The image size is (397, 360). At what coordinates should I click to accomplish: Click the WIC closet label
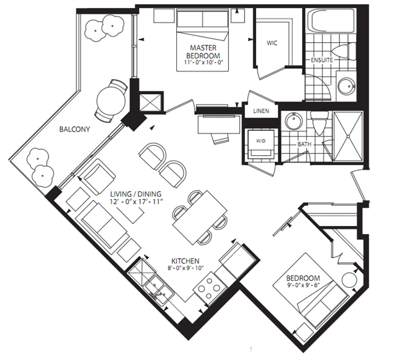pyautogui.click(x=272, y=43)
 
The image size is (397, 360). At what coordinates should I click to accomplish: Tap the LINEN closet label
pyautogui.click(x=261, y=111)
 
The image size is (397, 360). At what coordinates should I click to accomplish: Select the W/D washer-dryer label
pyautogui.click(x=261, y=141)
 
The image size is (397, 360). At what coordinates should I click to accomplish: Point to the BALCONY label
pyautogui.click(x=74, y=129)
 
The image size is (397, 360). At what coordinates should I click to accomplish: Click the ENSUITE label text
pyautogui.click(x=321, y=60)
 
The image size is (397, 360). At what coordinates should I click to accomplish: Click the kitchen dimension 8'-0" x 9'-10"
pyautogui.click(x=185, y=268)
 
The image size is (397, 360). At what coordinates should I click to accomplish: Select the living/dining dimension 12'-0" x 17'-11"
pyautogui.click(x=136, y=202)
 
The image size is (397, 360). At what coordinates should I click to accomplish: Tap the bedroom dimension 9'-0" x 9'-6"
pyautogui.click(x=303, y=284)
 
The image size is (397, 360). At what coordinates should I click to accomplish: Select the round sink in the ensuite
pyautogui.click(x=346, y=86)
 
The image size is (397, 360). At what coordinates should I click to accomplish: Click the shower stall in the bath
pyautogui.click(x=348, y=136)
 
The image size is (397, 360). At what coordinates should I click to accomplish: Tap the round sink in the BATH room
pyautogui.click(x=293, y=121)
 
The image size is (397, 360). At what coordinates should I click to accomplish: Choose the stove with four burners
pyautogui.click(x=210, y=288)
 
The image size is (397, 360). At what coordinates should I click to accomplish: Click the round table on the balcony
pyautogui.click(x=111, y=101)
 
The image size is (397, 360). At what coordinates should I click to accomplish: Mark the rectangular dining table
pyautogui.click(x=200, y=217)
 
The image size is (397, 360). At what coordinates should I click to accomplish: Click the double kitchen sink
pyautogui.click(x=159, y=290)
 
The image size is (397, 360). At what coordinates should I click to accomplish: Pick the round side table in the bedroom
pyautogui.click(x=349, y=279)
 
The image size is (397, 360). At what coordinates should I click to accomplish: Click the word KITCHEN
pyautogui.click(x=185, y=261)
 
